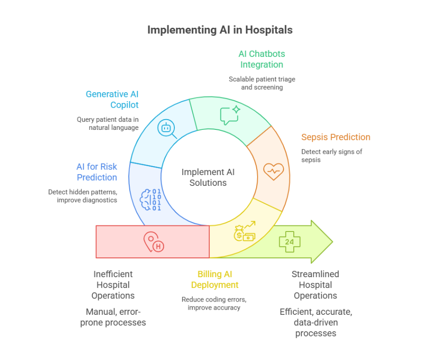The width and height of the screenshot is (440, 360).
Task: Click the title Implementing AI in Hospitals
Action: click(x=220, y=30)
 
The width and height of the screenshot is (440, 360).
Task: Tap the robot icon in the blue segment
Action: click(x=166, y=128)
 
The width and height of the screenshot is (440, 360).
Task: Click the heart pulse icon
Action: click(x=273, y=171)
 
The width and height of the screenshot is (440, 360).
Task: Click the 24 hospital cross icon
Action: click(x=290, y=242)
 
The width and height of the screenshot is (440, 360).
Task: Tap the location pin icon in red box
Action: click(x=153, y=242)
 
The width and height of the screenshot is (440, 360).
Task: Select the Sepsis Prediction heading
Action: click(x=336, y=137)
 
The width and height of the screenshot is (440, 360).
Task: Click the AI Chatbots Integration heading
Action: click(x=261, y=59)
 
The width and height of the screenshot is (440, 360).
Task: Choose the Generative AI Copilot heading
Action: click(x=112, y=99)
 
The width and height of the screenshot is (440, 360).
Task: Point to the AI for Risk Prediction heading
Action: click(x=97, y=172)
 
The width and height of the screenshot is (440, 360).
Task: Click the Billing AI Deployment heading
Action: click(x=214, y=280)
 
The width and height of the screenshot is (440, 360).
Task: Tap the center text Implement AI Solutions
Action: click(x=208, y=177)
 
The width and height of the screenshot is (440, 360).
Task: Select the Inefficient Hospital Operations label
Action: click(x=113, y=285)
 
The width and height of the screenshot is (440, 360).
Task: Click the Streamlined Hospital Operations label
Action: click(x=315, y=285)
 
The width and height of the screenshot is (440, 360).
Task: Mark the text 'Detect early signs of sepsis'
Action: click(x=331, y=156)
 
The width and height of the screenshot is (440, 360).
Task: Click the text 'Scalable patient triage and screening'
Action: click(x=262, y=83)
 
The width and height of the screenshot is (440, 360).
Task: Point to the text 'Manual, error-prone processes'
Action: click(x=113, y=317)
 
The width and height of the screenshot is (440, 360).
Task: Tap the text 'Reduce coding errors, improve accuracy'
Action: click(x=214, y=304)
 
